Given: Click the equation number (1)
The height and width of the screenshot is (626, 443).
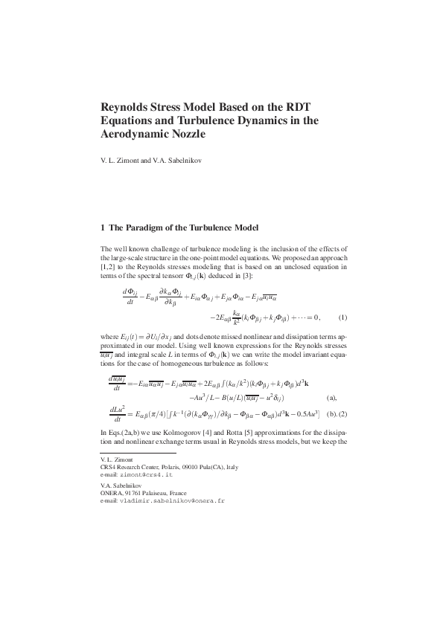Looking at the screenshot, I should (342, 317).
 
